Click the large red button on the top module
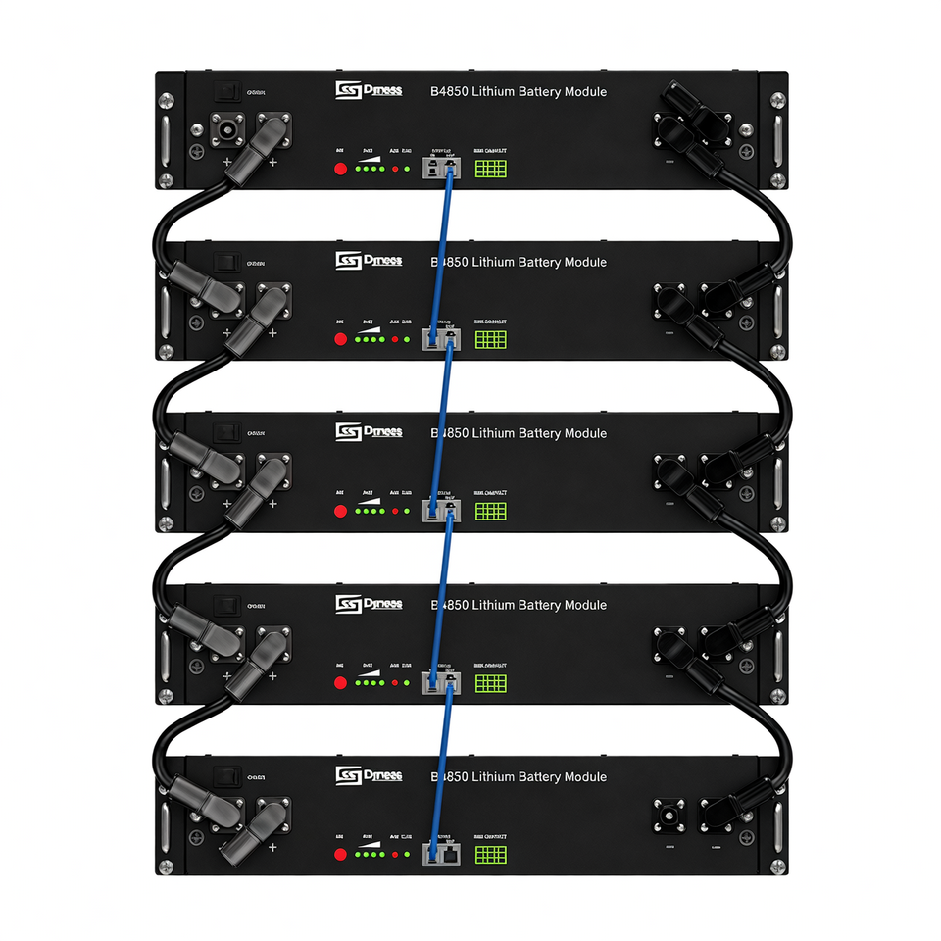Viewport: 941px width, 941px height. tap(341, 169)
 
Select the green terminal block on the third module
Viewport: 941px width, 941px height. tap(490, 511)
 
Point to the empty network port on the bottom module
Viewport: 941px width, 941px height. tap(450, 854)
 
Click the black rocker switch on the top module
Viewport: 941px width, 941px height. tap(228, 91)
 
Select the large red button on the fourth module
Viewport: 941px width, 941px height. tap(341, 682)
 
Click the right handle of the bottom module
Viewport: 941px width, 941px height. tap(777, 823)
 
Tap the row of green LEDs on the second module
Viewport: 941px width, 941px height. tap(370, 340)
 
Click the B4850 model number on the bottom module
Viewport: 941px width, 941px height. tap(448, 777)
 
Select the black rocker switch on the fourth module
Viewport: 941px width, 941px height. tap(228, 606)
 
